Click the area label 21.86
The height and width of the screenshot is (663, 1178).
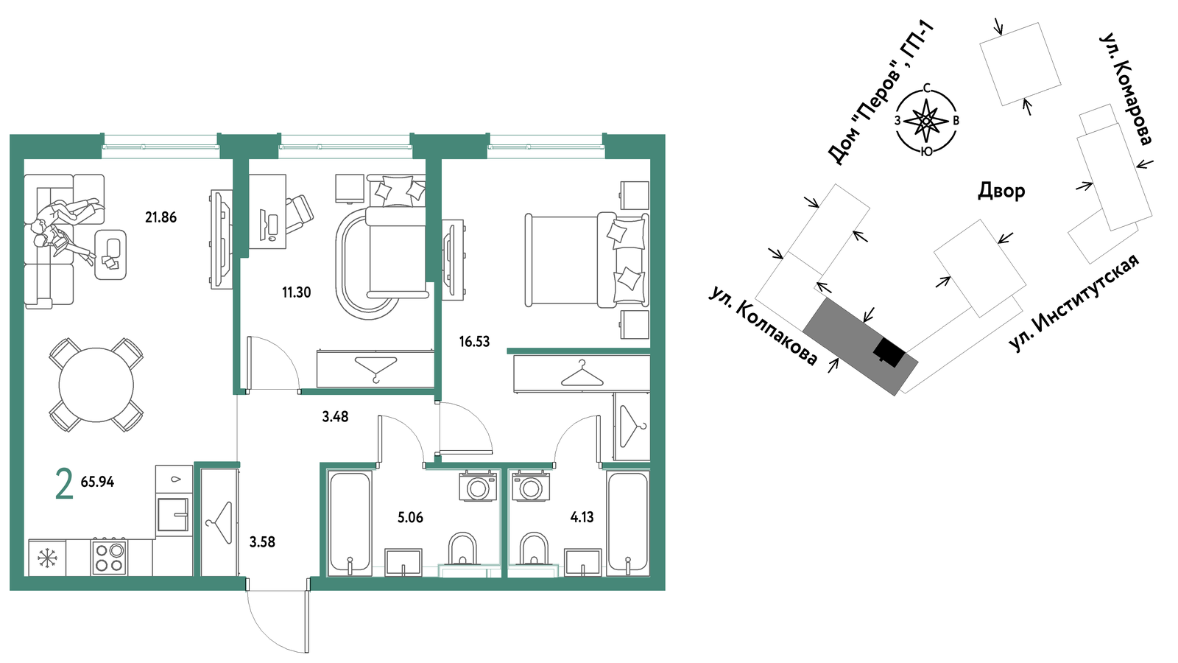tap(161, 217)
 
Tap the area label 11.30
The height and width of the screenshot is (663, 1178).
tap(297, 292)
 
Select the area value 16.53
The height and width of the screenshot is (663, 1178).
tap(474, 342)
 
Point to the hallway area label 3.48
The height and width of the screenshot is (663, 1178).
tap(335, 417)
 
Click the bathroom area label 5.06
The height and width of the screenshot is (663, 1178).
tap(410, 517)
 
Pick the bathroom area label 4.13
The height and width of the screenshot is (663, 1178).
tap(582, 517)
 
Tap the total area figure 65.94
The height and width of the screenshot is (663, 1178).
tap(97, 482)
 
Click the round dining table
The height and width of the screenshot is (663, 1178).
tap(96, 385)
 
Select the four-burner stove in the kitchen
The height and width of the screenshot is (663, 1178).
tap(110, 556)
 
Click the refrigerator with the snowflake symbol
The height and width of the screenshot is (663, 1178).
tap(47, 557)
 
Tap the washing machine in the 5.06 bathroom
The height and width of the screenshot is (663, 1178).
tap(478, 485)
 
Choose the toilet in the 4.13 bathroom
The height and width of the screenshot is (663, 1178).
tap(535, 550)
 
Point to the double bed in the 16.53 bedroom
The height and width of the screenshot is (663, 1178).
tap(586, 259)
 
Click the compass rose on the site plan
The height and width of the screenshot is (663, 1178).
tap(926, 121)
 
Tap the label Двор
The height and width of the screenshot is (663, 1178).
tap(1001, 191)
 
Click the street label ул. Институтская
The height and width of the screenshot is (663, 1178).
tap(1075, 303)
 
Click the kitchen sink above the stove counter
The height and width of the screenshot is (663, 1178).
tap(173, 514)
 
